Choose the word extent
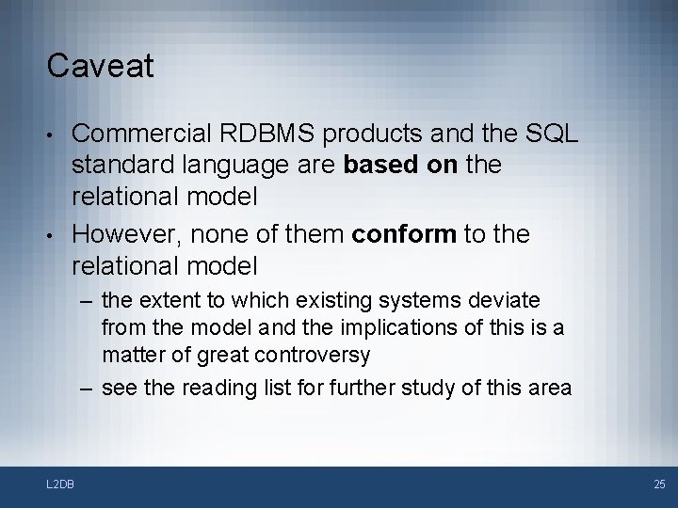(164, 301)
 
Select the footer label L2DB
(62, 484)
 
